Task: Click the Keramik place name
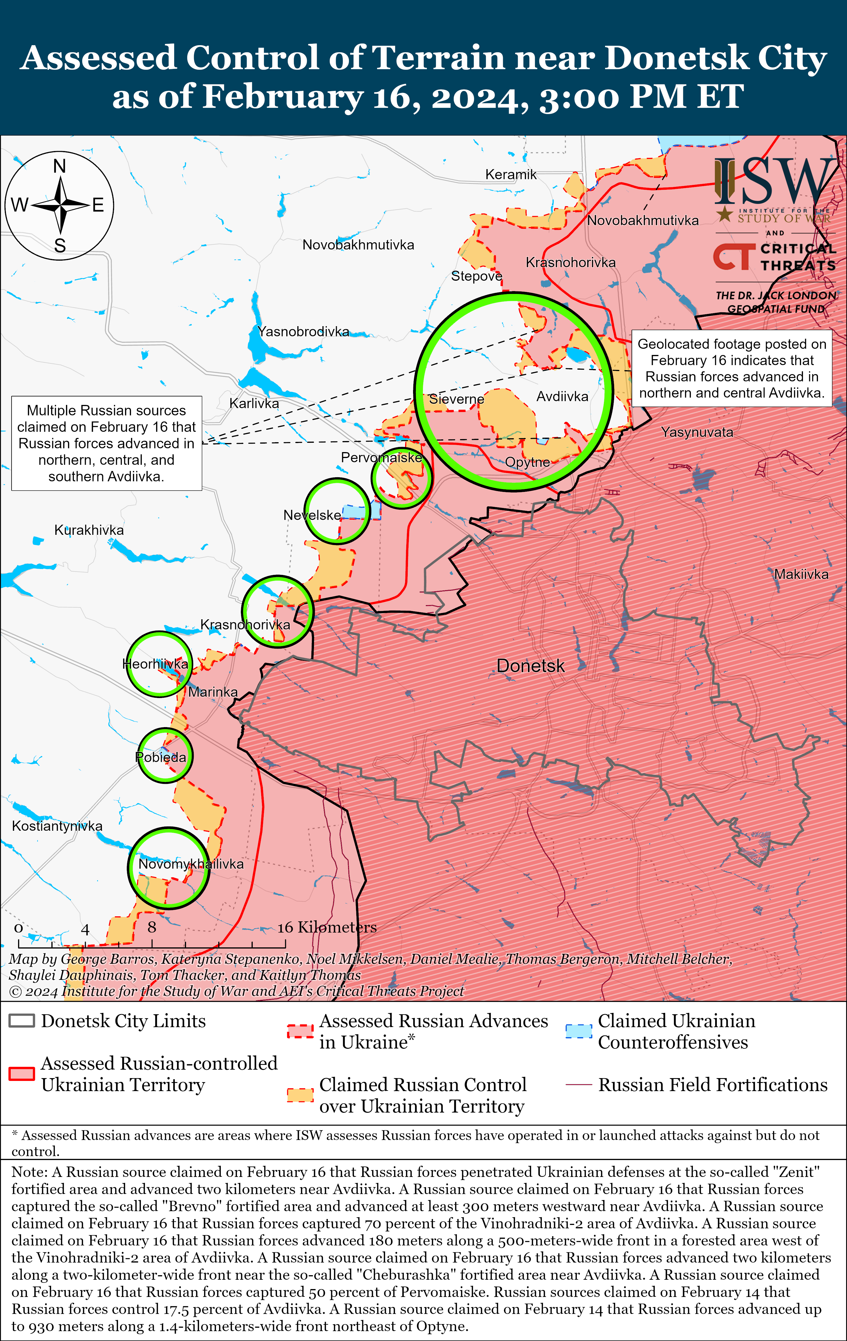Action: click(x=511, y=174)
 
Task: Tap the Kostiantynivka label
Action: click(x=57, y=826)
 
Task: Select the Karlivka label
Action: click(x=254, y=403)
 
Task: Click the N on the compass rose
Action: click(x=60, y=166)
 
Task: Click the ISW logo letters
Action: click(x=774, y=181)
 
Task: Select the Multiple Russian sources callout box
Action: click(x=106, y=443)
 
